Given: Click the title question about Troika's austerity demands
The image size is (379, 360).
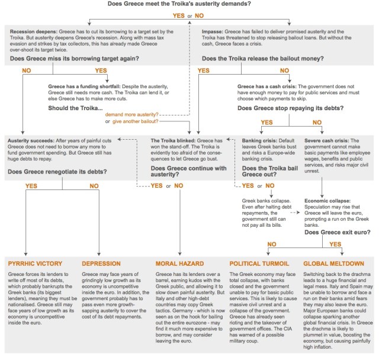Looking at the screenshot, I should click(189, 4).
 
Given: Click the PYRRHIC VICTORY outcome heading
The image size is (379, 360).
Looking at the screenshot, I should click(37, 262).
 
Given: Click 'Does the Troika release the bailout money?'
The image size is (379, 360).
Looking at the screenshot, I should click(271, 59).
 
